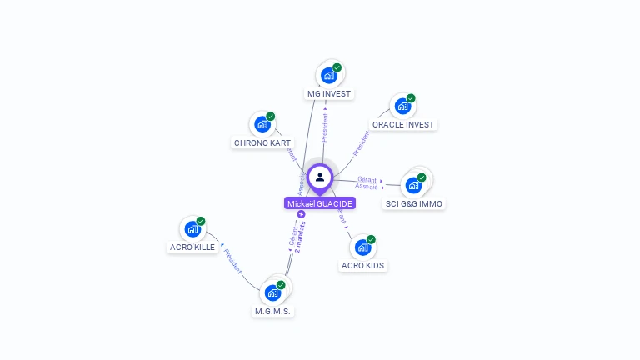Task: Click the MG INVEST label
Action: (x=329, y=93)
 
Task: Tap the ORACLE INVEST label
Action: (x=403, y=124)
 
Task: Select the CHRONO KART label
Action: (x=262, y=142)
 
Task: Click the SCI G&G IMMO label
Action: (x=414, y=203)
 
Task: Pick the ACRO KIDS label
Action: (x=363, y=265)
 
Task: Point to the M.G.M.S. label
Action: (x=274, y=311)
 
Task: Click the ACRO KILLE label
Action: (x=192, y=247)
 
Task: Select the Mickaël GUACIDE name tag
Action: (x=320, y=203)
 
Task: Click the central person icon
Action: (x=320, y=177)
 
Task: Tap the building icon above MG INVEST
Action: (x=329, y=76)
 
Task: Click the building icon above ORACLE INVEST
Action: (x=403, y=107)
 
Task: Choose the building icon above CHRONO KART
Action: (x=262, y=125)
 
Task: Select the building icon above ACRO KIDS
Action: (x=363, y=247)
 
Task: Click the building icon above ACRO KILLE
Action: (x=192, y=229)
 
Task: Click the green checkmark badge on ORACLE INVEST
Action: (x=411, y=98)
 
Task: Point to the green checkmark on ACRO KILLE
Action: (x=201, y=221)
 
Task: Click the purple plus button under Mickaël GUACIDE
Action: (x=302, y=214)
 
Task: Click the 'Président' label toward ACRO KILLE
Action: (x=232, y=262)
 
